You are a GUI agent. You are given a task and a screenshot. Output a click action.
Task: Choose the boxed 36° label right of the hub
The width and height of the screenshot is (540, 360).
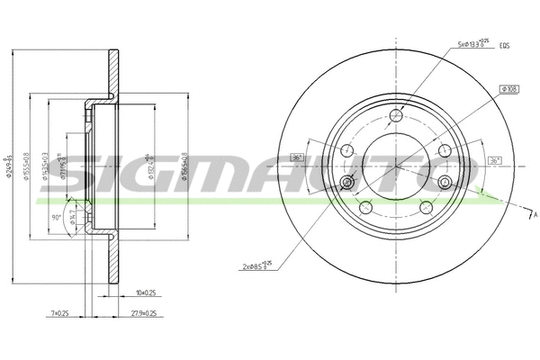495,160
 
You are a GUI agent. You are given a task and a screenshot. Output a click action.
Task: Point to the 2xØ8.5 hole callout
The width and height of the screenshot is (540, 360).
256,267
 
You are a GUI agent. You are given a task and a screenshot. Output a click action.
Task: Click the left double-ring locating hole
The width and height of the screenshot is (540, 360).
347,183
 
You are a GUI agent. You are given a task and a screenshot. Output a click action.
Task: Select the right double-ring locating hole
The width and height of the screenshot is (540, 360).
445,183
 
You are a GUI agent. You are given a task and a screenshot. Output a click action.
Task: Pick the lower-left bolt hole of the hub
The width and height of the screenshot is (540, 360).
366,208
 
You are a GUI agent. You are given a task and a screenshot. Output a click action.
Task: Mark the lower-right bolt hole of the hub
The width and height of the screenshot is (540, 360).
427,208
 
